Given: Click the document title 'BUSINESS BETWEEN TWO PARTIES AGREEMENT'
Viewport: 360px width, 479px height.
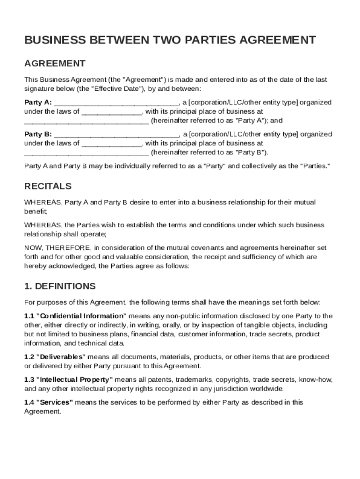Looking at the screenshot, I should click(x=170, y=40).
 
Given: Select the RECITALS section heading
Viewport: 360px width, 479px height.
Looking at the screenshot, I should click(x=48, y=186).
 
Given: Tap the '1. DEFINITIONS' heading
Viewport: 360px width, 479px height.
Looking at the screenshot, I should click(x=60, y=286).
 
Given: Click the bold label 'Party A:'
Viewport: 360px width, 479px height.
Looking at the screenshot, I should click(x=38, y=102).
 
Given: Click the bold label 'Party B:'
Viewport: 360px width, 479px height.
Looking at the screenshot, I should click(x=38, y=134).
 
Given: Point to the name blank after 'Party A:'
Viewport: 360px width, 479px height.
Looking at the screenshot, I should click(x=116, y=103).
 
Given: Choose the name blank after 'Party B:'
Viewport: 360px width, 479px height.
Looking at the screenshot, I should click(x=116, y=135).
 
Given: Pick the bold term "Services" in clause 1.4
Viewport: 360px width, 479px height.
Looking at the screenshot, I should click(x=54, y=402).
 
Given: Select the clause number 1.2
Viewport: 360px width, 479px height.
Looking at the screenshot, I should click(x=29, y=357).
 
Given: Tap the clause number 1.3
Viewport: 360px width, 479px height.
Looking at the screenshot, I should click(x=29, y=379).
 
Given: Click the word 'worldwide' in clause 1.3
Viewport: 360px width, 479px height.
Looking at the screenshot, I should click(x=266, y=389).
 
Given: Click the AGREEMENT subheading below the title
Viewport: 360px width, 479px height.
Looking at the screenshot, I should click(x=55, y=63).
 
